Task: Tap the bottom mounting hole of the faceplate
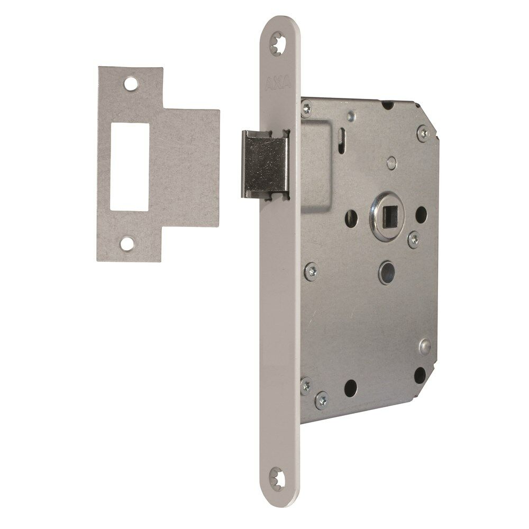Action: pos(278,479)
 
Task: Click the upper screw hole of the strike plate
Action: pos(131,84)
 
